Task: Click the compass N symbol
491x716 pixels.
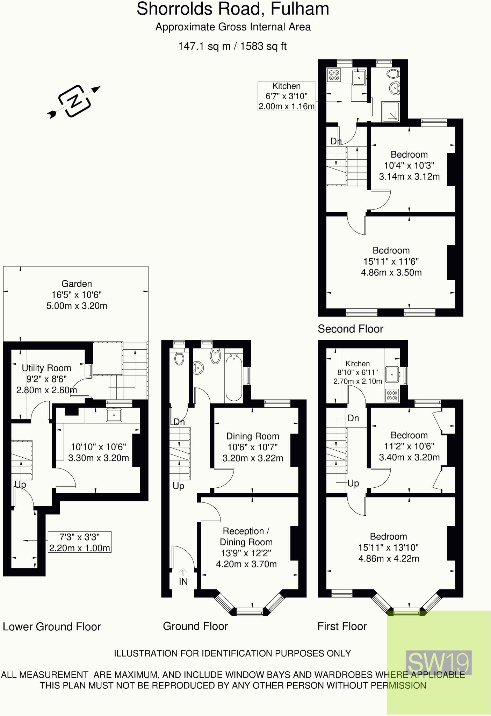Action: [x=74, y=101]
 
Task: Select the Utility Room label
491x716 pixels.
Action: [x=46, y=368]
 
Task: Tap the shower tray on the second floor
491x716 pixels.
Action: [x=390, y=112]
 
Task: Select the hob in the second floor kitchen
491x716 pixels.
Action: [x=334, y=76]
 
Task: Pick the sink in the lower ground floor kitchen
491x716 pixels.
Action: [x=114, y=415]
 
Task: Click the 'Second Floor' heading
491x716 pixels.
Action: [x=350, y=329]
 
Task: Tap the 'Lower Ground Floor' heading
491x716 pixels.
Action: [x=52, y=626]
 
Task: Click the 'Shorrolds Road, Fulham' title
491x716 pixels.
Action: [x=233, y=9]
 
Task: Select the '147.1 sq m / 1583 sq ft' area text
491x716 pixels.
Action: [x=232, y=46]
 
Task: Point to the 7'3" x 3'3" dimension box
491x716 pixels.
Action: [x=80, y=542]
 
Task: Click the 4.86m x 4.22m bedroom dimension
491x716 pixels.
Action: [x=389, y=558]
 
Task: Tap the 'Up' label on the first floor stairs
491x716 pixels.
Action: [x=353, y=483]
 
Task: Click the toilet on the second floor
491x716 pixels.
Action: [x=393, y=74]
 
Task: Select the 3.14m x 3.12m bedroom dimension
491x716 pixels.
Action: [x=409, y=176]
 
